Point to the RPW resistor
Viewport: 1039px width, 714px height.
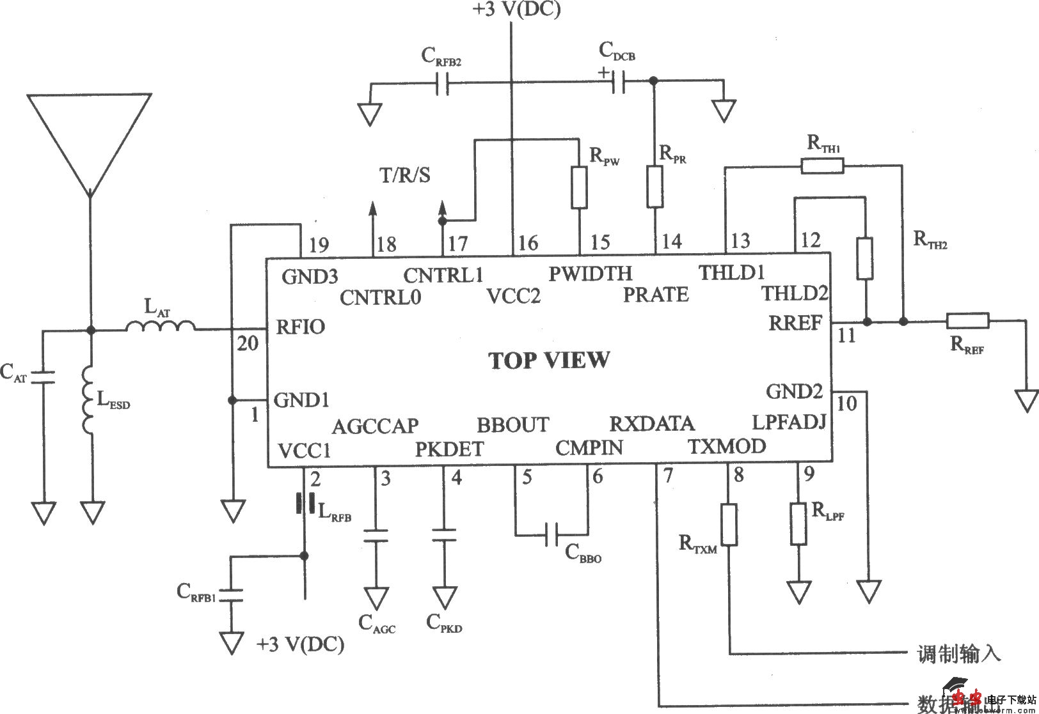pos(579,187)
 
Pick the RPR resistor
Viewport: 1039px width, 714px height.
pos(654,187)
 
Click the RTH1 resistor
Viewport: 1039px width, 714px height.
pos(822,167)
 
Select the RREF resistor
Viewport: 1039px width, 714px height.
pos(967,321)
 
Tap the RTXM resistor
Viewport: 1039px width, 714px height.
pos(729,524)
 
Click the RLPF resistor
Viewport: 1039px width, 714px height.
pos(798,524)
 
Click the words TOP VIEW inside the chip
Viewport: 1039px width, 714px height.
pos(550,361)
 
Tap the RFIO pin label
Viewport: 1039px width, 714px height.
pos(301,327)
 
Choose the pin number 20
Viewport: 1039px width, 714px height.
pos(248,344)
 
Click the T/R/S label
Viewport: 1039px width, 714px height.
pos(406,175)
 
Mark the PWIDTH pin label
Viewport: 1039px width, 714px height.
pos(590,274)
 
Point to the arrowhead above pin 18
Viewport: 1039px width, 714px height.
pos(373,208)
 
